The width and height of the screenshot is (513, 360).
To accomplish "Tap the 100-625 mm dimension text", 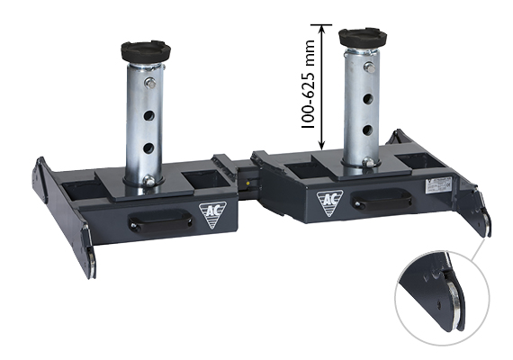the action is tap(308, 84).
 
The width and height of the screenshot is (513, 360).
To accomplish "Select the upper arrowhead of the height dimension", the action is tap(322, 30).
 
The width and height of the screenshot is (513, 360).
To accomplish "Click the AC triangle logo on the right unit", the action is tap(329, 202).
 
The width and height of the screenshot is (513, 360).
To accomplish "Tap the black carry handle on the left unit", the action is tap(159, 221).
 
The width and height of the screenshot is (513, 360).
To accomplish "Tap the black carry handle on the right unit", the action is tap(382, 199).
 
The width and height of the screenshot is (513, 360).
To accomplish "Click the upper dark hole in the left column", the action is tap(148, 115).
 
